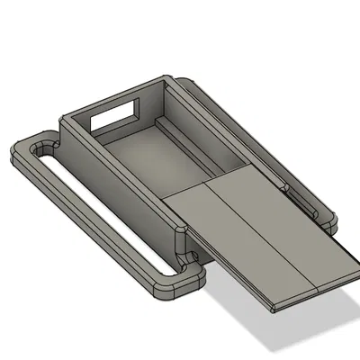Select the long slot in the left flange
coord(99,211)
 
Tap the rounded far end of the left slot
coord(40,147)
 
